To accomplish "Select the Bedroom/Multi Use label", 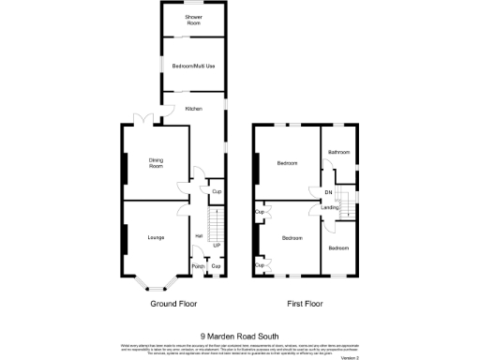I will coord(193,66).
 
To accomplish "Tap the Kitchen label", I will coord(193,109).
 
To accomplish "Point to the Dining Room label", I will coord(156,163).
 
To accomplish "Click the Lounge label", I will coord(156,237).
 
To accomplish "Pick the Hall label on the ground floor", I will coord(199,235).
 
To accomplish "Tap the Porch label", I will coord(198,266).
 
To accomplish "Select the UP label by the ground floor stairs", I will coord(217,246).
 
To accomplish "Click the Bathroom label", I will coord(338,152).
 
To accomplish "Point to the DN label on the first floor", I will coord(328,192).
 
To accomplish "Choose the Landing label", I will coord(330,207).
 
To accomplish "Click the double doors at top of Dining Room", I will coord(142,118).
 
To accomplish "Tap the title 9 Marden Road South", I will coord(239,335).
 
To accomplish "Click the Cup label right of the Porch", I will coord(217,266).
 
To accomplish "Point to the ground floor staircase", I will coord(217,225).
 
